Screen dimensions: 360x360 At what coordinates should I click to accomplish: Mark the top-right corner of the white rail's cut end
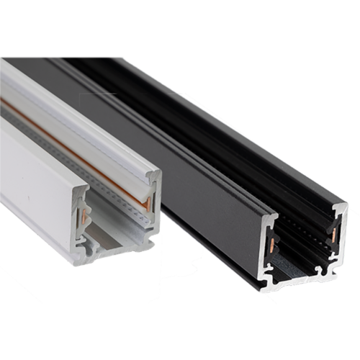point(158,173)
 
